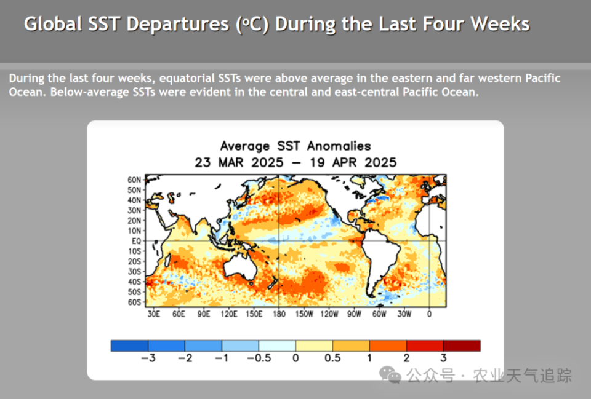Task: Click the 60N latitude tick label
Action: tap(135, 180)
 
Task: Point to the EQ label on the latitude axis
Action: tap(136, 241)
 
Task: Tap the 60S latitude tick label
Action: tap(135, 302)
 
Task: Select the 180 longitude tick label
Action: tap(278, 314)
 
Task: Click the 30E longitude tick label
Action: tap(153, 314)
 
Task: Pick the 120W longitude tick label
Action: tap(329, 314)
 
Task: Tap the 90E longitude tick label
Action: tap(204, 314)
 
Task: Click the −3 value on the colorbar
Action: tap(148, 358)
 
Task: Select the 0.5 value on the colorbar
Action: tap(332, 358)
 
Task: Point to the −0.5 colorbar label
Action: tap(259, 358)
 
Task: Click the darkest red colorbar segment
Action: tap(462, 346)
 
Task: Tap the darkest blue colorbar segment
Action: tap(129, 346)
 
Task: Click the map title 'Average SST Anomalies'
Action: tap(295, 146)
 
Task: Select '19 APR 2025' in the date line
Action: tap(353, 163)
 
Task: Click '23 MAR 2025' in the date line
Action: tap(239, 163)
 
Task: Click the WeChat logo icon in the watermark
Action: tap(390, 374)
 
